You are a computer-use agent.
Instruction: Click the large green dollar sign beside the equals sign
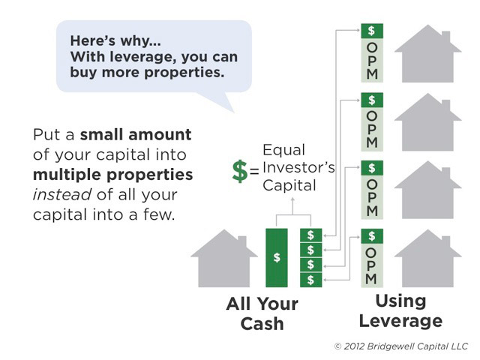240,171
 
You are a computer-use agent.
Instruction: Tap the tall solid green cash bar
277,258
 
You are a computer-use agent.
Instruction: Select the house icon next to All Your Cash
224,258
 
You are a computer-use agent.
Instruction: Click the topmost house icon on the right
428,53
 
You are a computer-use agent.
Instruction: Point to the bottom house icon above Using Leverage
428,258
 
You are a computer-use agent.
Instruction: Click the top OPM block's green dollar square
372,31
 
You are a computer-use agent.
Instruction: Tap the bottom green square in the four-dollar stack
311,280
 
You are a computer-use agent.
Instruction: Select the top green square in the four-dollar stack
311,235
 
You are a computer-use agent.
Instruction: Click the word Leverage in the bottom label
400,322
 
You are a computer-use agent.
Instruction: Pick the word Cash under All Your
262,324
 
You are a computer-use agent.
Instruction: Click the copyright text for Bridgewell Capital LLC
401,346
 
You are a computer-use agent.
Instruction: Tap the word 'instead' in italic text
62,195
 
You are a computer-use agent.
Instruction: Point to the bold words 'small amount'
136,135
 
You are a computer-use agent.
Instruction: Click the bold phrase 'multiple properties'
113,175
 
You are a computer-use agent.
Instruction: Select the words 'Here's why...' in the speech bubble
115,40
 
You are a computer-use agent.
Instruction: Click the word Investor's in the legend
298,167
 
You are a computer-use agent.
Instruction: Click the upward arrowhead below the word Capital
292,199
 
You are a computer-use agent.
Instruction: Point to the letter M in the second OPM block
372,142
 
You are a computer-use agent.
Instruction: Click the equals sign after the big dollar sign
254,171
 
